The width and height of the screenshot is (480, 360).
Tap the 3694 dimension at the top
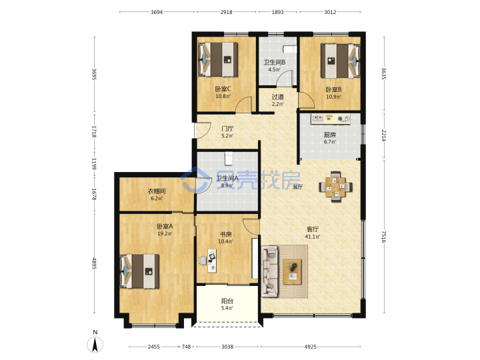click(157, 12)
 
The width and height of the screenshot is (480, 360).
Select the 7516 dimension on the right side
click(384, 237)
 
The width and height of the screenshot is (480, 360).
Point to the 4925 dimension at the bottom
click(311, 347)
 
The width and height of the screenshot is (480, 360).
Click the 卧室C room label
click(223, 89)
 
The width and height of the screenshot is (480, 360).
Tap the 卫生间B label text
click(275, 62)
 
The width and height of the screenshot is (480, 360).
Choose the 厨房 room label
click(330, 135)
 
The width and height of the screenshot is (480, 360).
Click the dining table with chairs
click(335, 187)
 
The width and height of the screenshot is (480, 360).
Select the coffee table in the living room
click(293, 272)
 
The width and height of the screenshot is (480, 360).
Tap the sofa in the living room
click(270, 271)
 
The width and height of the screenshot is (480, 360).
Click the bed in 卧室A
click(140, 271)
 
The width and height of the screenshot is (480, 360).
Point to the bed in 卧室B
click(340, 61)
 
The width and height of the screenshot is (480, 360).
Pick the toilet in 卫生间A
click(229, 158)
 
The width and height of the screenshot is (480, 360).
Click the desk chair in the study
click(203, 261)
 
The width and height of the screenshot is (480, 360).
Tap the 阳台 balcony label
click(227, 301)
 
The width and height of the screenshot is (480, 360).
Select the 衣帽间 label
click(157, 191)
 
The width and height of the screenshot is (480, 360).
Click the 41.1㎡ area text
click(313, 236)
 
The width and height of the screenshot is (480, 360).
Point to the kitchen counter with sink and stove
click(331, 119)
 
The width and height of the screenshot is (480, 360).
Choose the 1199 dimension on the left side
click(94, 164)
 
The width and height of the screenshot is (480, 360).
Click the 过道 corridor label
click(277, 97)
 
